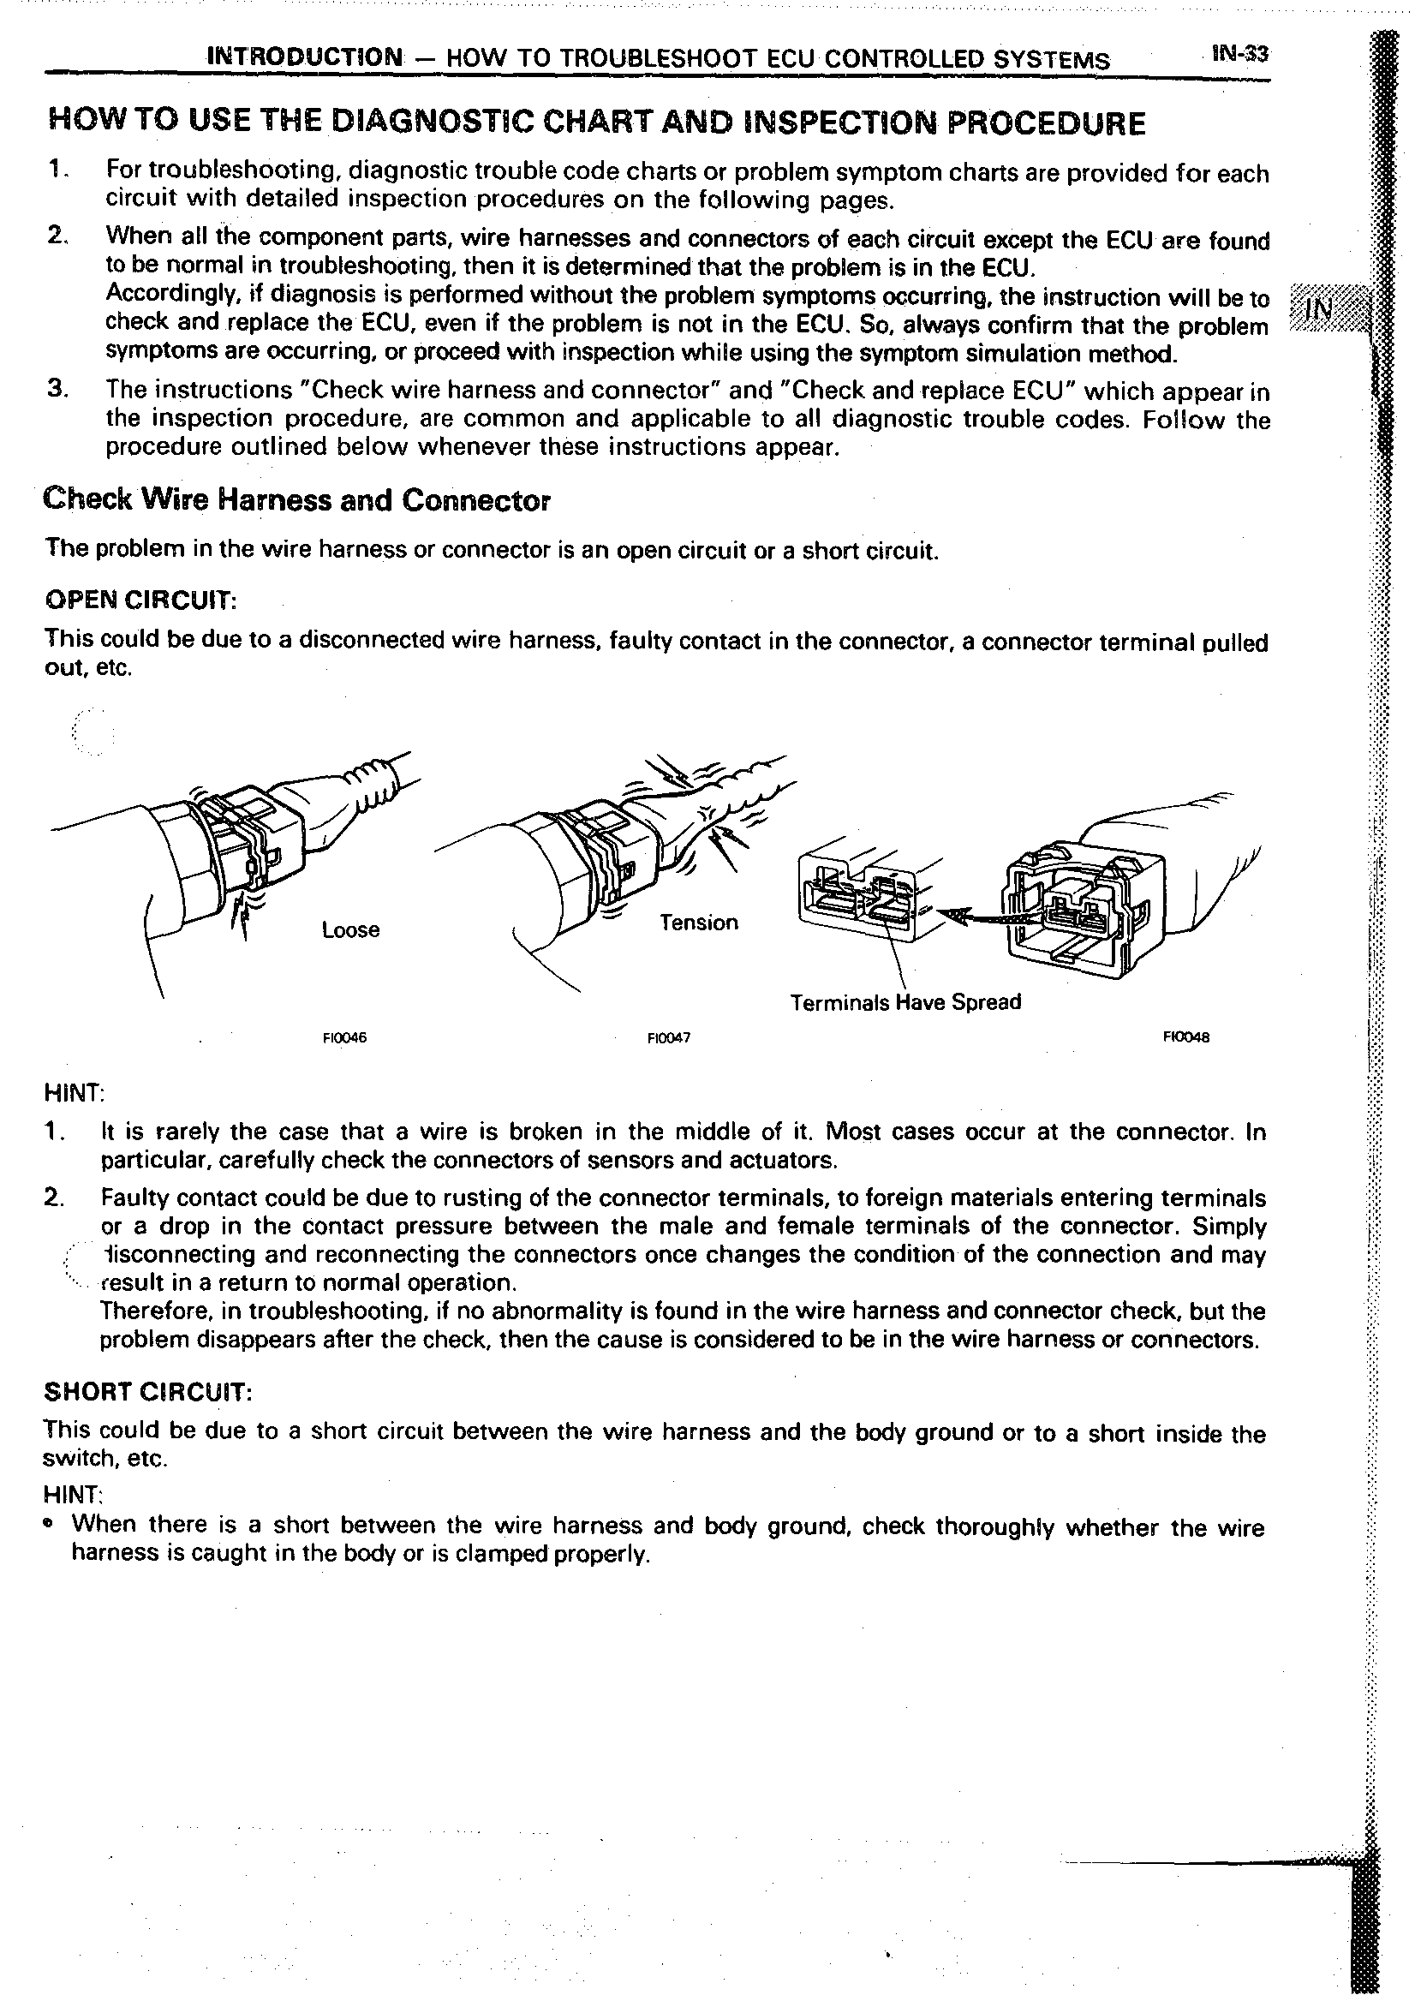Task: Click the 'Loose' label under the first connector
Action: (x=350, y=930)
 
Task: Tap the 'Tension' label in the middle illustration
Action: (x=698, y=922)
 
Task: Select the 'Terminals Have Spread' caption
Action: (x=905, y=1002)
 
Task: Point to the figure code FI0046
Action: (x=344, y=1038)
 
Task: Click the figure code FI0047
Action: (x=668, y=1038)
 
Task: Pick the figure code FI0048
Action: (x=1185, y=1037)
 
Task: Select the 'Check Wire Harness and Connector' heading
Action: (x=296, y=500)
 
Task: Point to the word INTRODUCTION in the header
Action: (x=305, y=57)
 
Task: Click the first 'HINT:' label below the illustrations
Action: (x=74, y=1093)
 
